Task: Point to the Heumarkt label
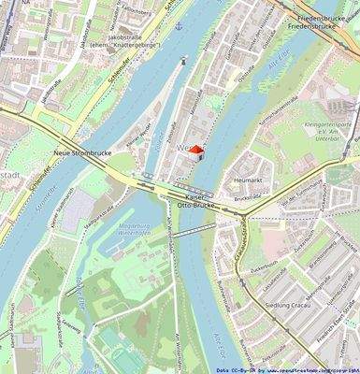247,180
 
